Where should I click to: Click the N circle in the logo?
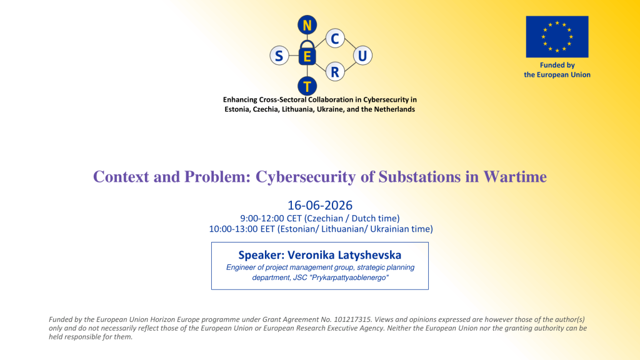(307, 25)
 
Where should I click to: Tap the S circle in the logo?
(279, 56)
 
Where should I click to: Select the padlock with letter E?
(307, 53)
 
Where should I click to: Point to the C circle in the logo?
(335, 38)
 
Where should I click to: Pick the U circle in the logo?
(362, 56)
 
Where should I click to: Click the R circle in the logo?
(335, 72)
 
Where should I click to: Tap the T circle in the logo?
(307, 86)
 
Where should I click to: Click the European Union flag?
(557, 37)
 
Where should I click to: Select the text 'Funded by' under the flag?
(557, 65)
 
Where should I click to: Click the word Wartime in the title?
(515, 177)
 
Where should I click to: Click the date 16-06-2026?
(320, 205)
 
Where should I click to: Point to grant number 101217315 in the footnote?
(352, 319)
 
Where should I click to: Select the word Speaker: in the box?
(261, 255)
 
